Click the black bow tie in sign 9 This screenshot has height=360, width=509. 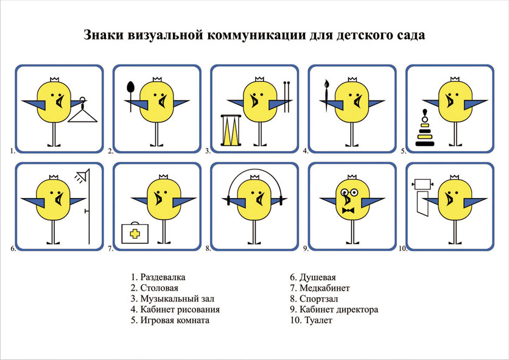pyautogui.click(x=348, y=210)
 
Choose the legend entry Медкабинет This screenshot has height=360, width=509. pyautogui.click(x=320, y=288)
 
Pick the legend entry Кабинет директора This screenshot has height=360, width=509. pyautogui.click(x=334, y=309)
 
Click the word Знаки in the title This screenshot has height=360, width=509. pyautogui.click(x=104, y=35)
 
